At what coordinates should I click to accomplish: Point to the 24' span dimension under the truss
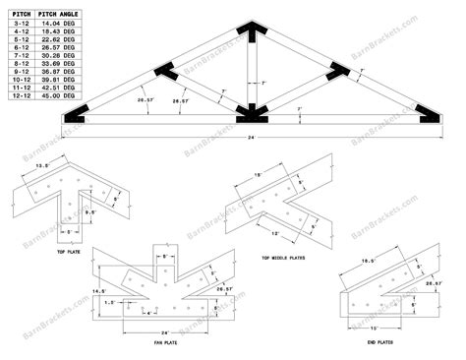coord(252,137)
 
